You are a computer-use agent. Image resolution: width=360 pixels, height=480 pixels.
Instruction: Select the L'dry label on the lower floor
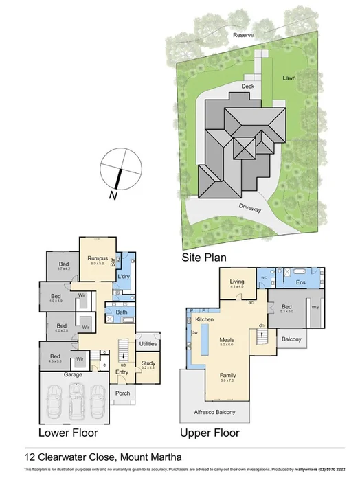click(x=124, y=276)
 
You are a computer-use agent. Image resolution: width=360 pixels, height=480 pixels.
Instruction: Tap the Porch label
click(x=122, y=393)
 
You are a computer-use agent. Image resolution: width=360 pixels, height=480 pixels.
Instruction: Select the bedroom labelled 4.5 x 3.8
click(x=54, y=358)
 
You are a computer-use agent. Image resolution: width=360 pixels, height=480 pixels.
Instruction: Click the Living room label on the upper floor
click(x=237, y=282)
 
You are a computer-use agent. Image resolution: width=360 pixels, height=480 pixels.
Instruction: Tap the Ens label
click(x=300, y=282)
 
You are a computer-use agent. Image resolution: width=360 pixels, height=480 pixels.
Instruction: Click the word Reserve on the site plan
click(x=243, y=34)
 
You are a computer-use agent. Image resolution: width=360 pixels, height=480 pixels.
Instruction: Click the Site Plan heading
click(x=204, y=258)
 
